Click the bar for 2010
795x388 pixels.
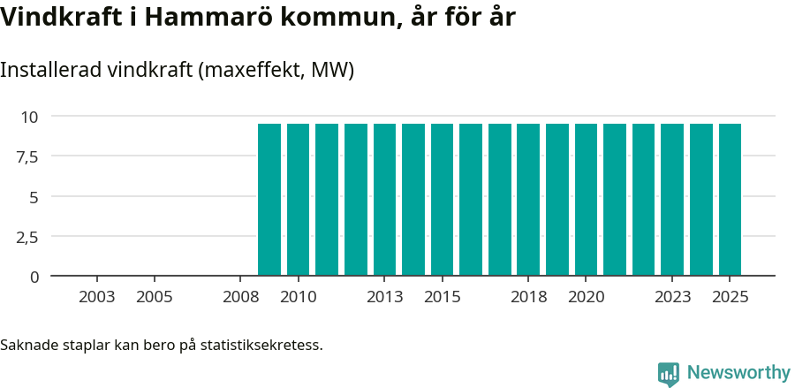pyautogui.click(x=299, y=200)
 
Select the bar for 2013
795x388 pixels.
pyautogui.click(x=385, y=200)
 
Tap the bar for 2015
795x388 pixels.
pyautogui.click(x=443, y=200)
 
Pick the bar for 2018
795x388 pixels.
pyautogui.click(x=528, y=200)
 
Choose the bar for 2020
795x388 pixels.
pyautogui.click(x=587, y=200)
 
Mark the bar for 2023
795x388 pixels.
pyautogui.click(x=672, y=200)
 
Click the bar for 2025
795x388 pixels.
pyautogui.click(x=730, y=200)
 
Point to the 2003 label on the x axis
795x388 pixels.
pyautogui.click(x=97, y=297)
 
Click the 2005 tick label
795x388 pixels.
pyautogui.click(x=155, y=297)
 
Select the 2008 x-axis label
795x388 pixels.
pyautogui.click(x=241, y=297)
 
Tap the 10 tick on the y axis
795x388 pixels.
pyautogui.click(x=30, y=117)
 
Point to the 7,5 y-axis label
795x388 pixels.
pyautogui.click(x=26, y=156)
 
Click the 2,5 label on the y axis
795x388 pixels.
pyautogui.click(x=26, y=237)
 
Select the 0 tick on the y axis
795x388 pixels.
pyautogui.click(x=34, y=277)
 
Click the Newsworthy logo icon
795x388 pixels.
pyautogui.click(x=669, y=374)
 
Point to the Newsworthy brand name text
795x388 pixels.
pyautogui.click(x=738, y=374)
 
